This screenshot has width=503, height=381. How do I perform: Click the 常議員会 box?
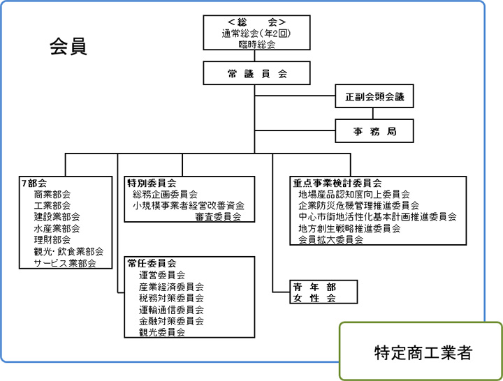point(256,73)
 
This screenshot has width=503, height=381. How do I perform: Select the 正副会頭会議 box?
point(374,96)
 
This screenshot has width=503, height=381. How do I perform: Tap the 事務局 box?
point(374,131)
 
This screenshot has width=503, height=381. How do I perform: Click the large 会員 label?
point(68,47)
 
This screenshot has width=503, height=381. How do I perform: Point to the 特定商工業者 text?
point(423,352)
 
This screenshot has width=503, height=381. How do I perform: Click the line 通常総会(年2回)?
point(256,33)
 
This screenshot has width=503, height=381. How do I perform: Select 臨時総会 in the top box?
point(256,44)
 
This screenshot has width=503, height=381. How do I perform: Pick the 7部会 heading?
point(34,183)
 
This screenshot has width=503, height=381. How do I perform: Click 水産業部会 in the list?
point(57,228)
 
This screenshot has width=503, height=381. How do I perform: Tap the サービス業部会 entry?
point(65,263)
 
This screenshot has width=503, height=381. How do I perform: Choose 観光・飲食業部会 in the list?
point(68,251)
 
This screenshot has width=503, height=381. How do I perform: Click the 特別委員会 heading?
point(152,183)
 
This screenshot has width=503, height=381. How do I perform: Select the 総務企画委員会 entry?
point(165,194)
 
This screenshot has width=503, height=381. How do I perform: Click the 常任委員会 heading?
point(152,263)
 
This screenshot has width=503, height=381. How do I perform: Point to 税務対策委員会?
point(171,298)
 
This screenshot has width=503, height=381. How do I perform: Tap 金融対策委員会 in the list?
point(171,321)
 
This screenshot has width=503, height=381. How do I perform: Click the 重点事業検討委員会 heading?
point(337,183)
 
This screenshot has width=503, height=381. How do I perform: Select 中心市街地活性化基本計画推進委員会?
point(377,217)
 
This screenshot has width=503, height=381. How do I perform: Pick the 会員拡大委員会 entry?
point(330,239)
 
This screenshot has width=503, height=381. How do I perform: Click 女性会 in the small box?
point(314,299)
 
